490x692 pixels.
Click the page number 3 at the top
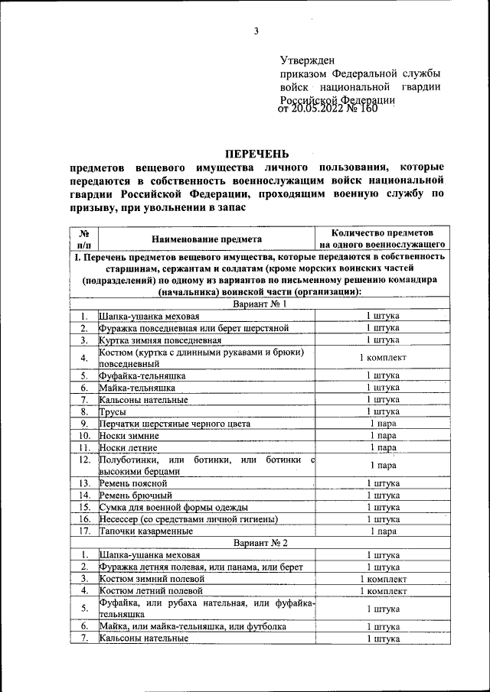click(256, 31)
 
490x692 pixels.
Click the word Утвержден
click(307, 60)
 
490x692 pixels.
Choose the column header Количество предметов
click(382, 232)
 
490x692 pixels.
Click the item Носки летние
click(129, 447)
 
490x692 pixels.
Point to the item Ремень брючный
click(135, 495)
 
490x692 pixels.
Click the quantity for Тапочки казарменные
click(382, 531)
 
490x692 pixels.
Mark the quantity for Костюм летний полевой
click(382, 590)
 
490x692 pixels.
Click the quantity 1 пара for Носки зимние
click(382, 435)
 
